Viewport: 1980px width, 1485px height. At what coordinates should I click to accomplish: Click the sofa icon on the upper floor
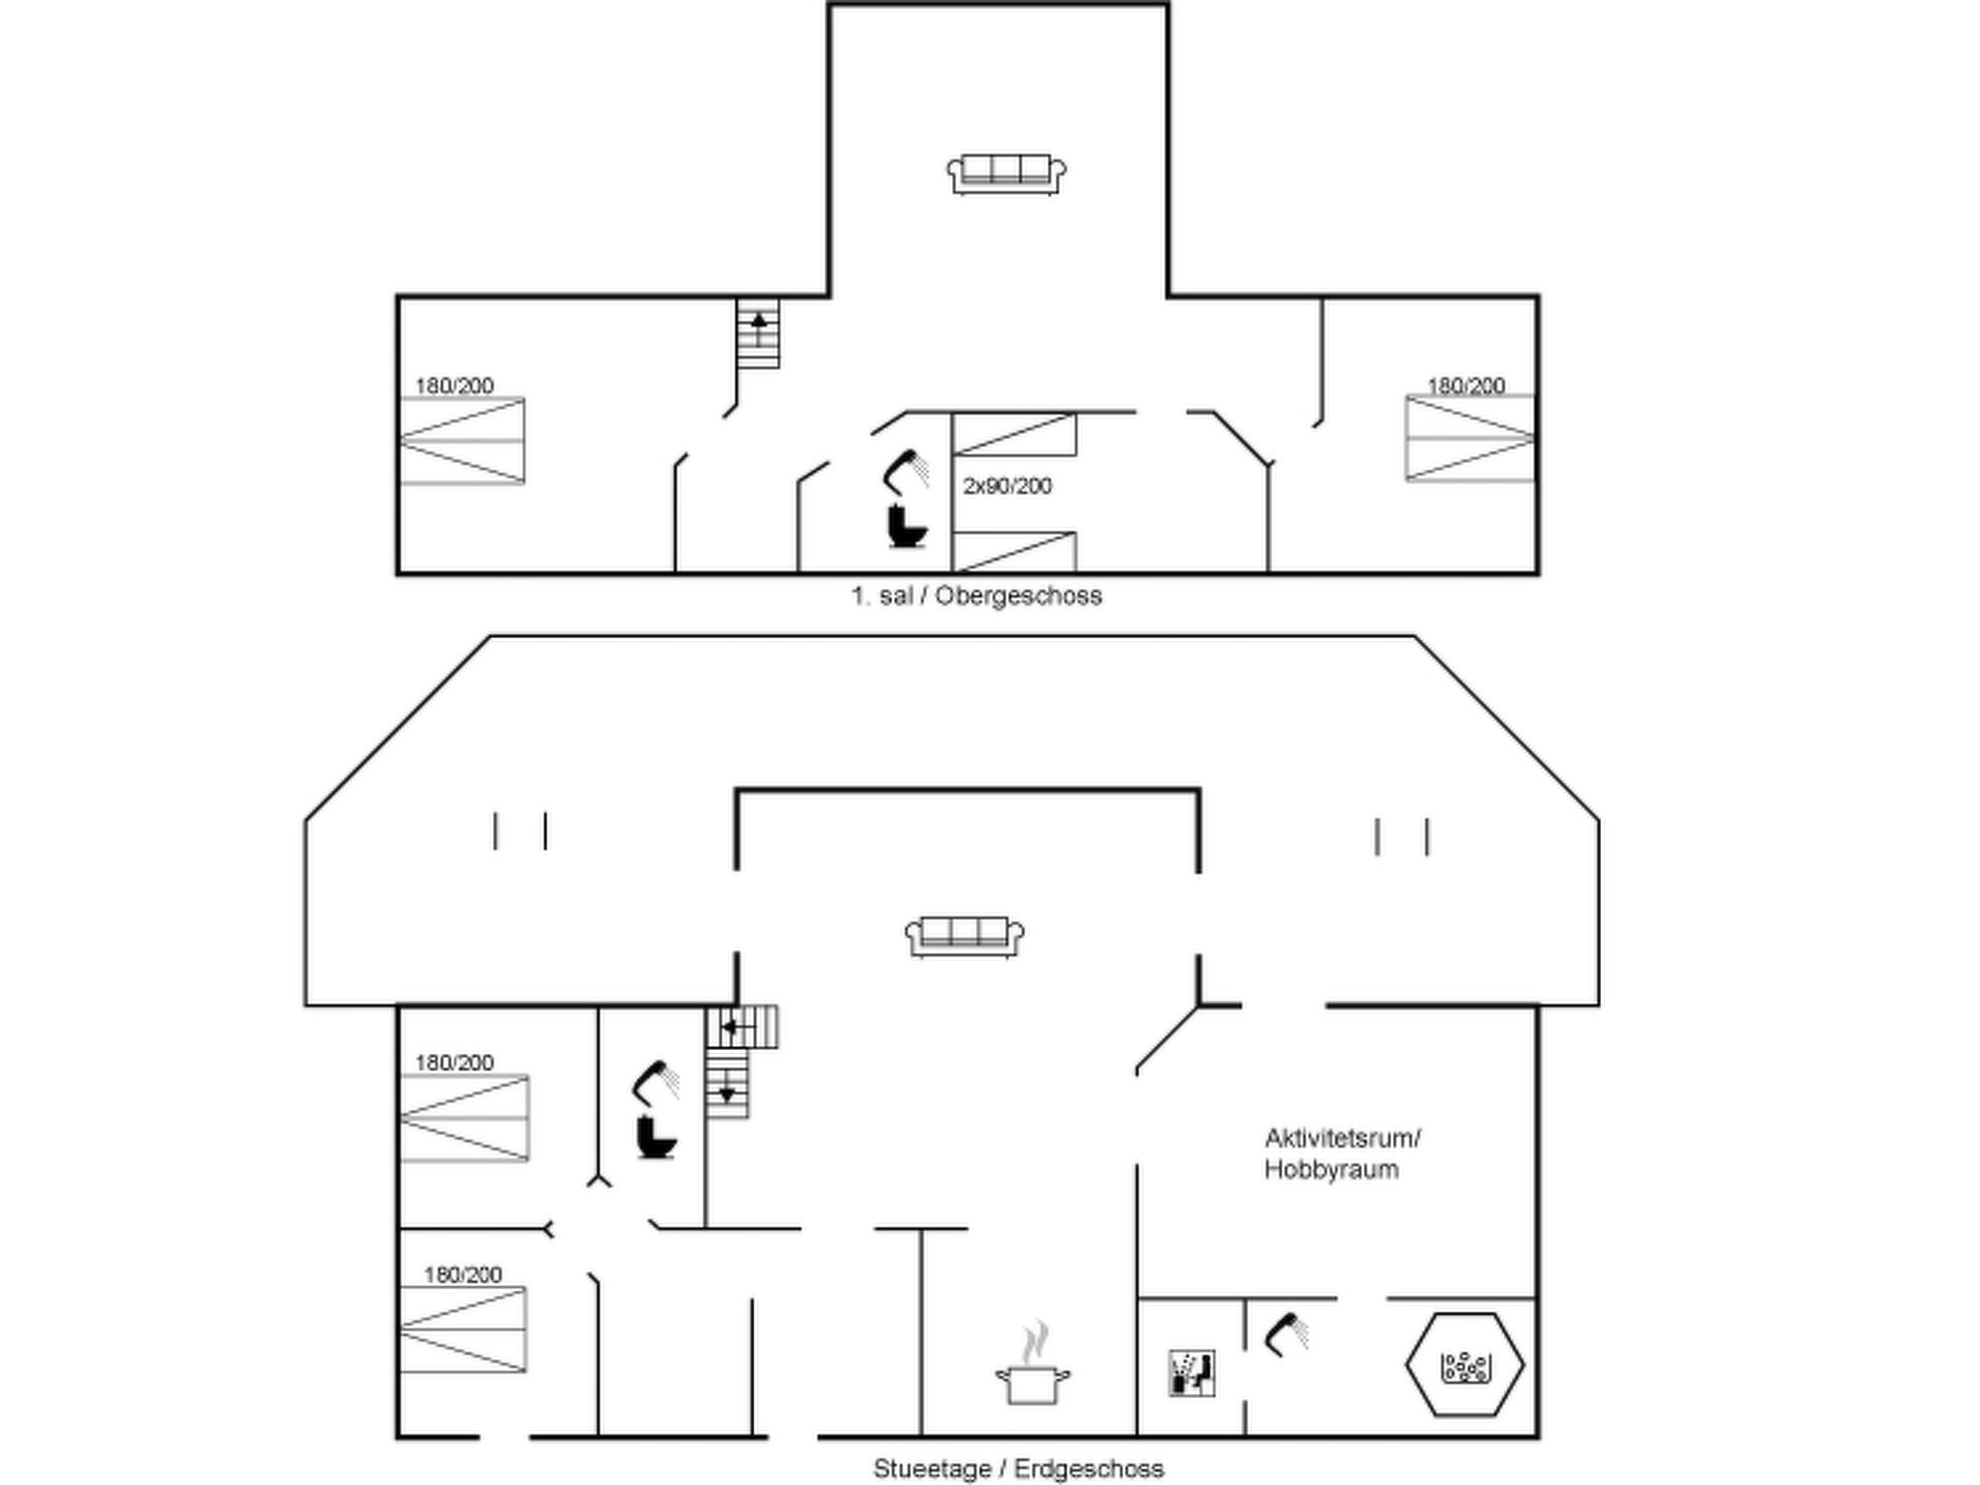[1006, 174]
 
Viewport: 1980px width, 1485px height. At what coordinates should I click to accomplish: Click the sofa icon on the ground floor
[965, 936]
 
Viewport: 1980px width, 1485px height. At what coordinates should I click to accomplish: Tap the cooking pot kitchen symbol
[1034, 1365]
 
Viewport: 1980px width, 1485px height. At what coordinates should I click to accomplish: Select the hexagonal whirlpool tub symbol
[1465, 1364]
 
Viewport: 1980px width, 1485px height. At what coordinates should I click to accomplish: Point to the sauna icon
[1191, 1373]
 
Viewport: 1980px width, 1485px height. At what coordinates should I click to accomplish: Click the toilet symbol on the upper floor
[907, 527]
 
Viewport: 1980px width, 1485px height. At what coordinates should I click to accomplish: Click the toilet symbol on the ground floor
[656, 1137]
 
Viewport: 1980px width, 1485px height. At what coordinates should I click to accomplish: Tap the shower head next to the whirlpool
[1286, 1334]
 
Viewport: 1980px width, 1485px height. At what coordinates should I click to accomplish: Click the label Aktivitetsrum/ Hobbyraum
[1342, 1153]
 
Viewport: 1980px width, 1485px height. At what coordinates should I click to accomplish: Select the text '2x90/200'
[1006, 486]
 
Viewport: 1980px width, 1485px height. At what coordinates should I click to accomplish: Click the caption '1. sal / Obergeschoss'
[976, 596]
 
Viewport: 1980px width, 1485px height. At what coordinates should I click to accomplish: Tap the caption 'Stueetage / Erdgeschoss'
[1018, 1469]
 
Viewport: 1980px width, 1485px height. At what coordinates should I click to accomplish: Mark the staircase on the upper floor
[758, 334]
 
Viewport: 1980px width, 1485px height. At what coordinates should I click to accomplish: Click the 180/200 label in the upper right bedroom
[1467, 386]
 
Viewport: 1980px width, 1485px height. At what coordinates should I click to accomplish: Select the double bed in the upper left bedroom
[463, 441]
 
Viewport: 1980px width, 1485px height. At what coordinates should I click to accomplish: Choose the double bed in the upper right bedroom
[1470, 438]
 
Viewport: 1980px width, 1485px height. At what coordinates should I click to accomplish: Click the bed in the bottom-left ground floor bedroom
[464, 1329]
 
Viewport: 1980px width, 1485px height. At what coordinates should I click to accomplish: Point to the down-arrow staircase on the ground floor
[727, 1085]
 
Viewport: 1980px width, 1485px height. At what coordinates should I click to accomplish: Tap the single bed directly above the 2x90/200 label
[1014, 434]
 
